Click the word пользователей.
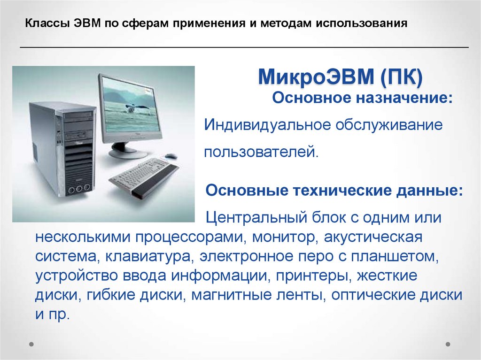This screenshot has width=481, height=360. (x=261, y=152)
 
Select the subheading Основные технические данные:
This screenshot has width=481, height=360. (x=334, y=191)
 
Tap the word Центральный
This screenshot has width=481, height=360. (x=255, y=218)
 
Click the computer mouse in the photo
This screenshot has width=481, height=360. (x=171, y=156)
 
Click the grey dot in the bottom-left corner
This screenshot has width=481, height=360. (x=31, y=344)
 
